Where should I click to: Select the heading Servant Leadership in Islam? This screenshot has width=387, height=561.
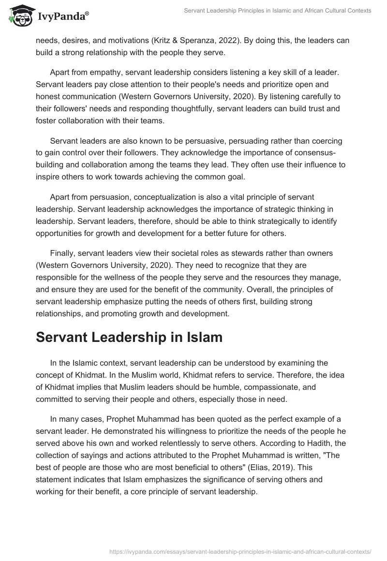click(129, 337)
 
